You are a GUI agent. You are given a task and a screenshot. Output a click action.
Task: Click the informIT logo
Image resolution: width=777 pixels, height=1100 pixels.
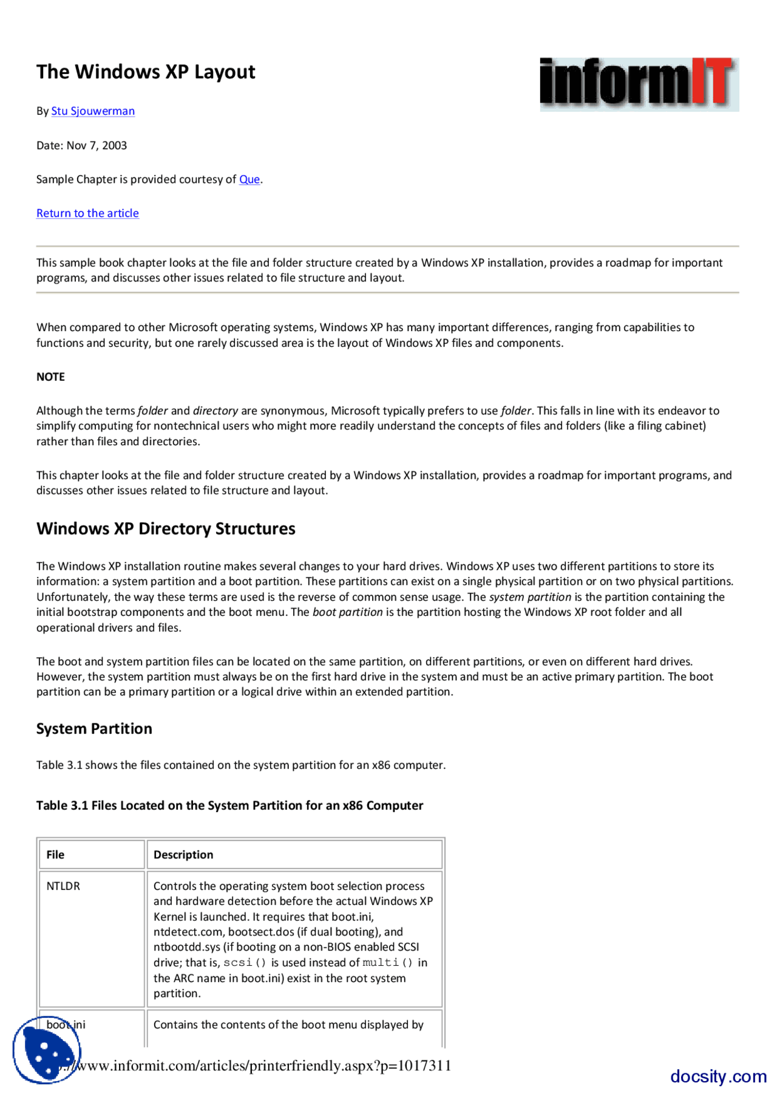tap(639, 84)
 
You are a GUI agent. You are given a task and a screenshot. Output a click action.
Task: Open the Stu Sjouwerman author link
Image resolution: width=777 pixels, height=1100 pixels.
tap(93, 111)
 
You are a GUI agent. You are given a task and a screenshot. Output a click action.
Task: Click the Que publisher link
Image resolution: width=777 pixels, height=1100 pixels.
tap(249, 179)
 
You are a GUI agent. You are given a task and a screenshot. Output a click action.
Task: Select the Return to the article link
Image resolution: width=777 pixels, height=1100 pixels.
tap(87, 213)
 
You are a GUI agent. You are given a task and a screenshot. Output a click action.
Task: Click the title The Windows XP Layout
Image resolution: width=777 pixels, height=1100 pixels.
tap(146, 72)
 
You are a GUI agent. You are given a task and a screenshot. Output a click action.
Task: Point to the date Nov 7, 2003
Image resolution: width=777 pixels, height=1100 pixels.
tap(97, 145)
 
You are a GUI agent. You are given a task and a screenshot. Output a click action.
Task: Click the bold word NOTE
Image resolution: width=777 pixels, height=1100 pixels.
tap(50, 377)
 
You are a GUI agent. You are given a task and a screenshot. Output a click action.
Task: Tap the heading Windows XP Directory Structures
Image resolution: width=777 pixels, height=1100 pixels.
tap(166, 528)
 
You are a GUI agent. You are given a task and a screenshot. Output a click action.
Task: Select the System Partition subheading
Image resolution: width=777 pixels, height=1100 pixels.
tap(94, 729)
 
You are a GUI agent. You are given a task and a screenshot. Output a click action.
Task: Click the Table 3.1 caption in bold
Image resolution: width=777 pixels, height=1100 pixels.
tap(229, 805)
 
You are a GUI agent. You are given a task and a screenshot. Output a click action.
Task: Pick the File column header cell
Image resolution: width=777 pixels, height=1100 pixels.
tap(91, 855)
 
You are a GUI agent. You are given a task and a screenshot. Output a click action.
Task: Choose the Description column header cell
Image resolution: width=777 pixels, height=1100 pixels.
tap(294, 855)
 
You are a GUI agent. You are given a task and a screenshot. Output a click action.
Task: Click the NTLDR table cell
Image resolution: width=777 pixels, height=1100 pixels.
tap(63, 886)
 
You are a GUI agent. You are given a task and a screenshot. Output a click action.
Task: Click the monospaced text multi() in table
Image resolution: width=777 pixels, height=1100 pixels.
tap(387, 963)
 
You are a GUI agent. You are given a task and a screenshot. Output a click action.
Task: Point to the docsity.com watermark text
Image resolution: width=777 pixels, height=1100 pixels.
tap(718, 1076)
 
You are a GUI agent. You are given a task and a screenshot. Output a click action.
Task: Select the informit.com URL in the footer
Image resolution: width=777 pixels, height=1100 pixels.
tap(267, 1065)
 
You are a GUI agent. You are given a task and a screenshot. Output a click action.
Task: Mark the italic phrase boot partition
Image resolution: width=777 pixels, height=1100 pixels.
tap(347, 612)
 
